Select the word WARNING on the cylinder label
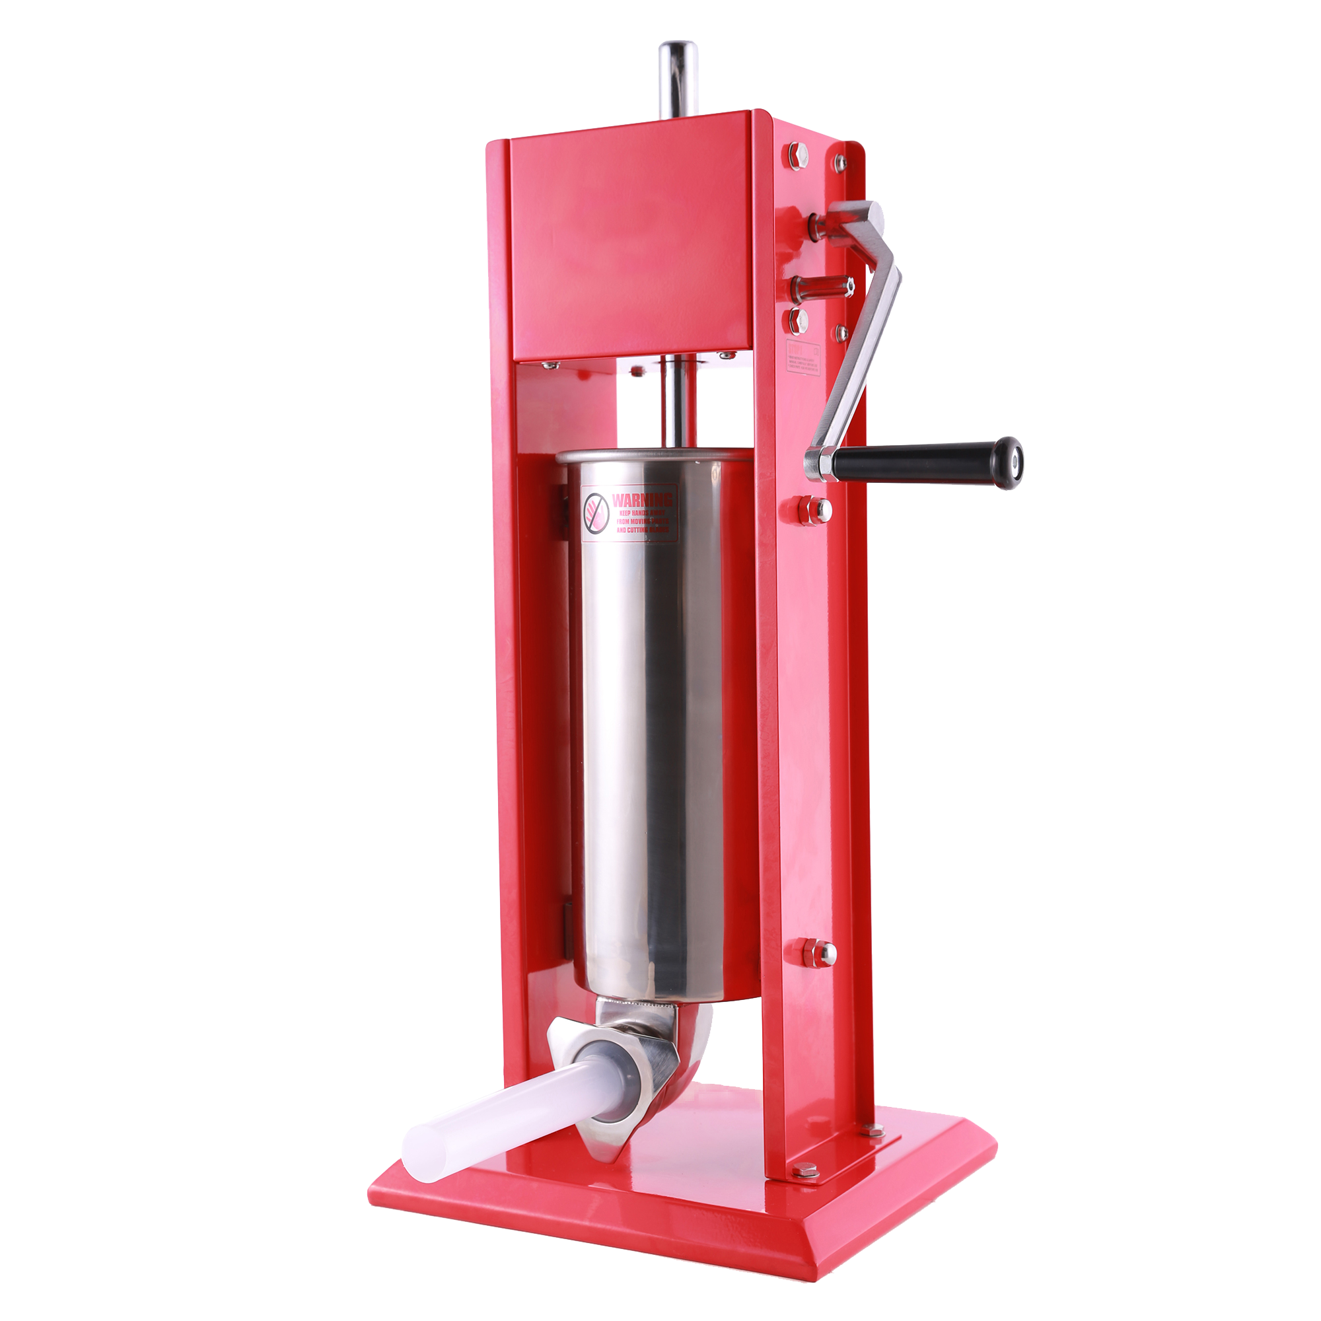click(x=641, y=499)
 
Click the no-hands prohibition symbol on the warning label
click(x=596, y=512)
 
